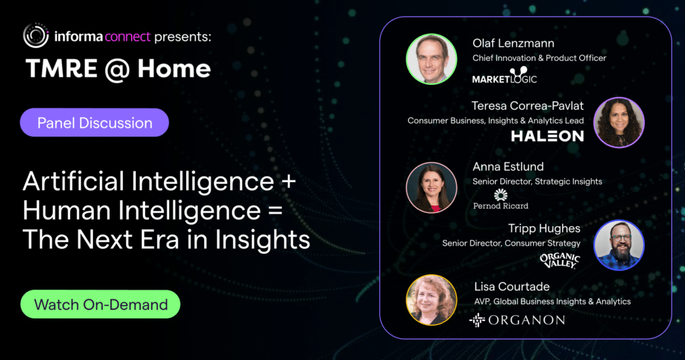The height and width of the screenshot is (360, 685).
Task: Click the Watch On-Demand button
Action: click(100, 304)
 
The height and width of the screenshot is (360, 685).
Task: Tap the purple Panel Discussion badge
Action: click(94, 122)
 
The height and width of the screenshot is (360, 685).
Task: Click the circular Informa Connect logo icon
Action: click(36, 35)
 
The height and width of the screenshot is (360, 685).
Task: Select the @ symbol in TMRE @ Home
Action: click(117, 69)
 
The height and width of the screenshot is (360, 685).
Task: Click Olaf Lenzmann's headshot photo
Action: click(431, 59)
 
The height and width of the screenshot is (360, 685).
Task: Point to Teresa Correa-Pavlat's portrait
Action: click(619, 122)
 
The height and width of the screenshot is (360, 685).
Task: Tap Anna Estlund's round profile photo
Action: click(431, 187)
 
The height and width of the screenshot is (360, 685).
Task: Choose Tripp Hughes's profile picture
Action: click(619, 245)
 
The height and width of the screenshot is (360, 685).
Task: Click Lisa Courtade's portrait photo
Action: click(431, 300)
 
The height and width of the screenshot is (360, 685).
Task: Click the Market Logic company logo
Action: click(504, 75)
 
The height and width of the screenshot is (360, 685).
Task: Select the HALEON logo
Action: click(547, 136)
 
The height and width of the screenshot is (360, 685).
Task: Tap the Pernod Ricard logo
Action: click(500, 199)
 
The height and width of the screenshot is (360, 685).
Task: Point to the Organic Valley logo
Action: click(560, 260)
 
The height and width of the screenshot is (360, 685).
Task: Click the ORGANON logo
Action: click(517, 321)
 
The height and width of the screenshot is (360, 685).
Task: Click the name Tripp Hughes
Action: click(544, 228)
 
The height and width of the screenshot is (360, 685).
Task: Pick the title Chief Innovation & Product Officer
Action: click(539, 58)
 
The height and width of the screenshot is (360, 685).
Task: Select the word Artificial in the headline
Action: click(74, 181)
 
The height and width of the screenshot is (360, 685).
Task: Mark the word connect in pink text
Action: click(128, 37)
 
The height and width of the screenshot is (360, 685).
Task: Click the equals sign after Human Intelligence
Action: click(275, 211)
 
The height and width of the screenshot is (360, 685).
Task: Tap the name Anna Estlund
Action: click(508, 167)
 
